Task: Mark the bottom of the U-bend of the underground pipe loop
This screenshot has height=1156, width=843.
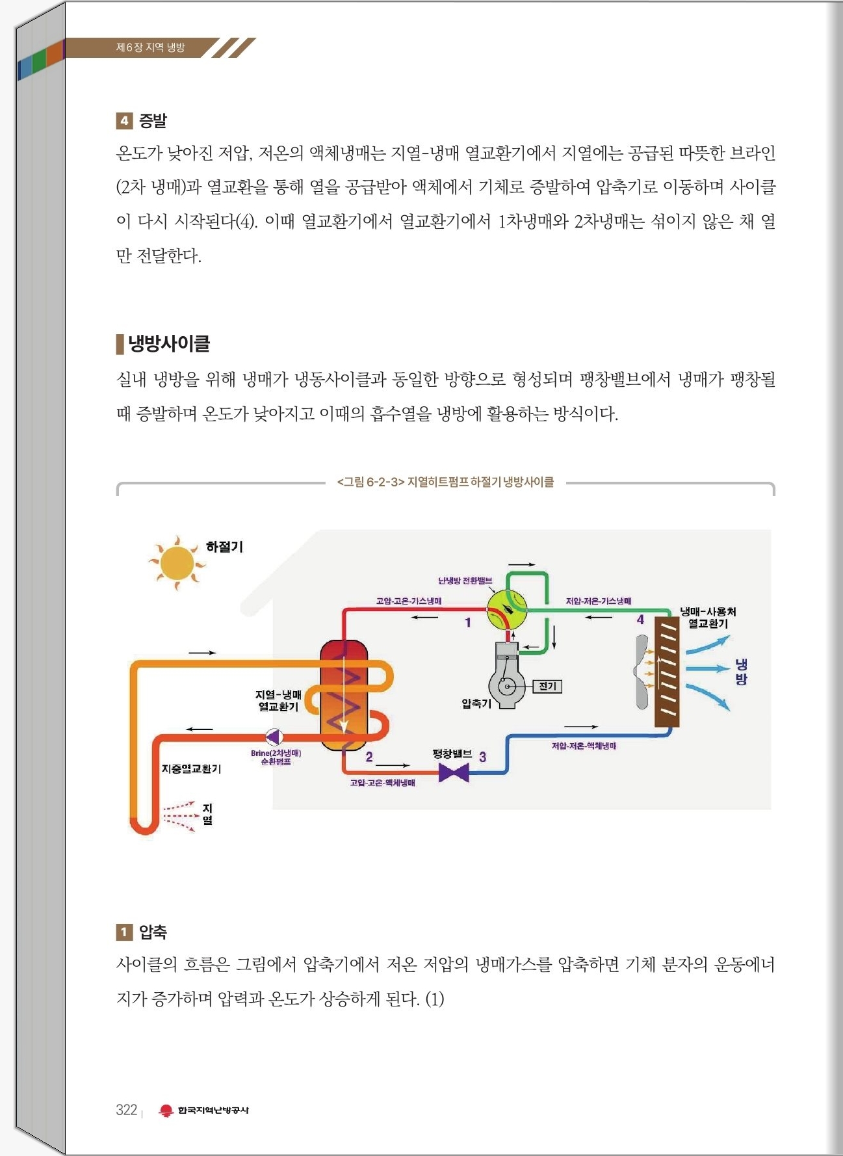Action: click(x=144, y=832)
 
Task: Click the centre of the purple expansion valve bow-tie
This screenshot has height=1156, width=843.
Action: click(x=454, y=773)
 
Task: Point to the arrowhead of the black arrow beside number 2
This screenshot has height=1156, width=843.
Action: click(x=408, y=765)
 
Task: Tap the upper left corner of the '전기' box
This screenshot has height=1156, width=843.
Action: click(x=533, y=680)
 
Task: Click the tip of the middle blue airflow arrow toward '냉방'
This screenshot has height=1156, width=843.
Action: click(x=730, y=668)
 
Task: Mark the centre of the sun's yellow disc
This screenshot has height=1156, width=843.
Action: click(x=177, y=563)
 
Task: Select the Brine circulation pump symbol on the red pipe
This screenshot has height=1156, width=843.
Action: click(x=274, y=737)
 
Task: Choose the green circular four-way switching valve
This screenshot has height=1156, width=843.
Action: click(x=507, y=610)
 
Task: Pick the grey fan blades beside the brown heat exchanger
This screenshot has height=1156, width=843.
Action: click(x=642, y=672)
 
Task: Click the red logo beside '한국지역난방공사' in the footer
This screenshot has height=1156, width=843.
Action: click(x=166, y=1110)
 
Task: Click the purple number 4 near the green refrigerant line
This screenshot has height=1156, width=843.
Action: click(x=640, y=620)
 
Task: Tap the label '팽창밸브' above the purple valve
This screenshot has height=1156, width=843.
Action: click(x=452, y=754)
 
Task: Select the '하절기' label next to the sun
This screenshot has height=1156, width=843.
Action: click(x=224, y=547)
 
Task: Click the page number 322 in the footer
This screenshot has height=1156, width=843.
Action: click(x=127, y=1110)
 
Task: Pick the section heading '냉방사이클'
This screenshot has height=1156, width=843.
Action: click(x=169, y=343)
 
